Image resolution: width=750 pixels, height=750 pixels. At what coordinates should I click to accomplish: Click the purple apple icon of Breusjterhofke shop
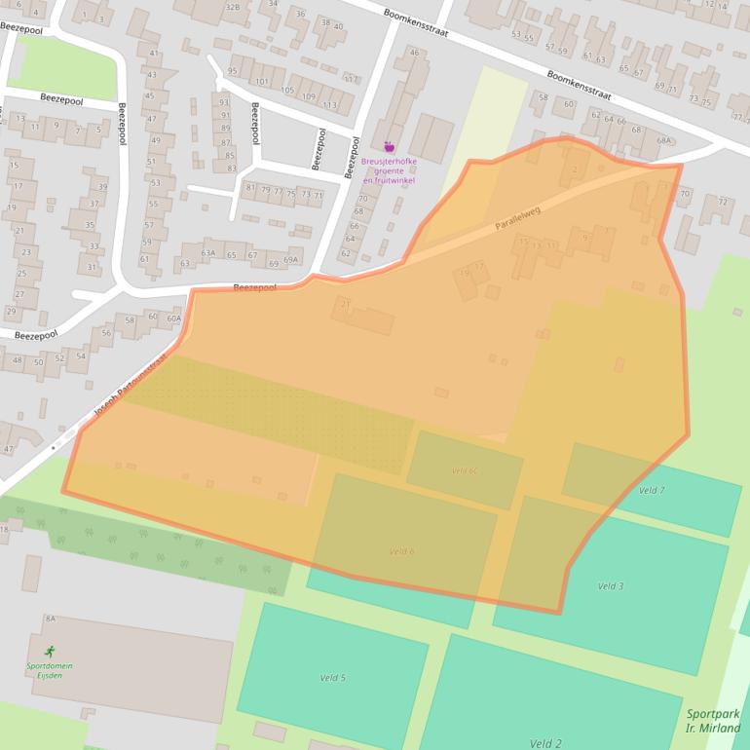click(x=390, y=147)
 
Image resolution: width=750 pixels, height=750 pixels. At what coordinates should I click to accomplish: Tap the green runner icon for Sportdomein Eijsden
click(x=49, y=651)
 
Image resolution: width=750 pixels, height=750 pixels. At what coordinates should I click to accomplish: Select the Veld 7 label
click(x=651, y=490)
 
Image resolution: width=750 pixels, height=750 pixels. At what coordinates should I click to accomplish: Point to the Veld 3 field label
click(x=611, y=586)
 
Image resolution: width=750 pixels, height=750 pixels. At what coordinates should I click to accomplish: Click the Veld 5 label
click(x=332, y=677)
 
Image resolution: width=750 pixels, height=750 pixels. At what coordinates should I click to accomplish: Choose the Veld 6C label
click(x=464, y=470)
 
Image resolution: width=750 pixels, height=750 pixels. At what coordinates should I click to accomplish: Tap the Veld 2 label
click(x=545, y=743)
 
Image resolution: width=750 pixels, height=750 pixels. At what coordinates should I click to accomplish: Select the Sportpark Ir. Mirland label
click(x=712, y=721)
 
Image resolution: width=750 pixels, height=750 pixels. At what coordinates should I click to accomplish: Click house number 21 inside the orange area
click(x=344, y=305)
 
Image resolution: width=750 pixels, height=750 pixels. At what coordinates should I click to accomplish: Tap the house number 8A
click(x=50, y=619)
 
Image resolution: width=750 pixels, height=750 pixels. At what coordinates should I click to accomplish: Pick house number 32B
click(x=233, y=6)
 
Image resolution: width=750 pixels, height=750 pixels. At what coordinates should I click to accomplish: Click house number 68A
click(x=664, y=140)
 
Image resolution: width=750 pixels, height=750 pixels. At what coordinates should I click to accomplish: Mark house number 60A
click(x=173, y=318)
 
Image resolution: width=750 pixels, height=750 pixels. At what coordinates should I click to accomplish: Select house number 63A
click(x=207, y=253)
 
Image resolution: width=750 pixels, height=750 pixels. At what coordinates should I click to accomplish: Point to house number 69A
click(x=290, y=260)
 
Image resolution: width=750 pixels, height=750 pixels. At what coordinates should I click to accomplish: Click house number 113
click(x=330, y=105)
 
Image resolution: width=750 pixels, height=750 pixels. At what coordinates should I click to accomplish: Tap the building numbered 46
click(x=414, y=53)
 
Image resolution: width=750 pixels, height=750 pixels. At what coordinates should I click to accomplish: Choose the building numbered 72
click(x=722, y=202)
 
